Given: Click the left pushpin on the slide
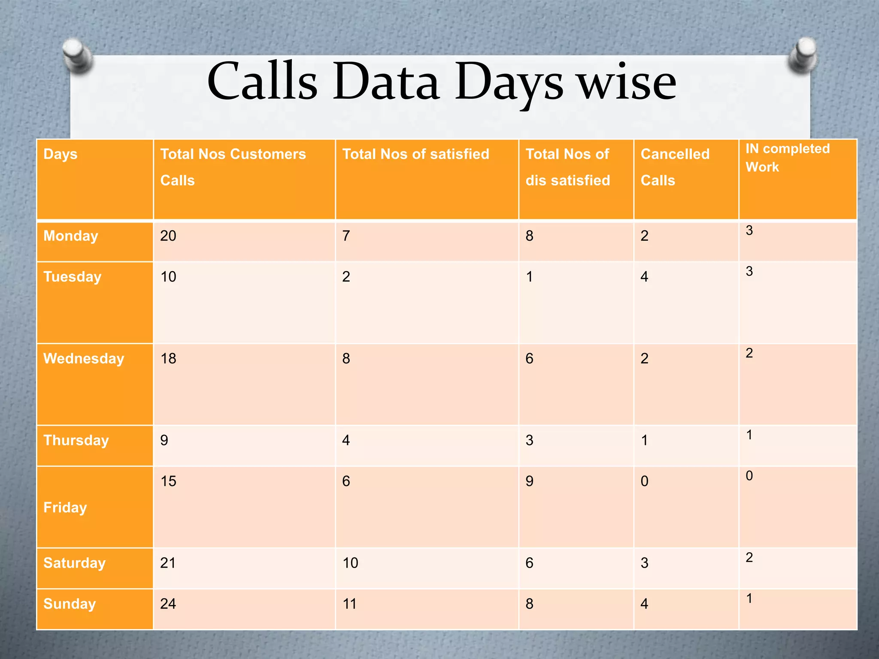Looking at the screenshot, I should pos(77,55).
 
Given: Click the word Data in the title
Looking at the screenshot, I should pos(386,82).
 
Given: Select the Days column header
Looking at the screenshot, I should pos(61,154).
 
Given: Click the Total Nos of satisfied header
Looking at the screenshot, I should pos(415,154).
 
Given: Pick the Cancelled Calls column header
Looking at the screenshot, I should pos(675,167).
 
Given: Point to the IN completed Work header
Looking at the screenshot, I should pos(787,157).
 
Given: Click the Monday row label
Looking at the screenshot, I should pos(71,236).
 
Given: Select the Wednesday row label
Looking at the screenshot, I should pos(84,359).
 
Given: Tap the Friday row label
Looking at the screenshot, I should pos(65,508).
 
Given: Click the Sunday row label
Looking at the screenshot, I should pos(70,604).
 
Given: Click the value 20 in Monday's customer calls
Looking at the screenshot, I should pos(168,236).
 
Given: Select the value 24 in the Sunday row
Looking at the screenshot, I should pos(168,604).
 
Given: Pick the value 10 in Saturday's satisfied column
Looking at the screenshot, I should pos(350,563).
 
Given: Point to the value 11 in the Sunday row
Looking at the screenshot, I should pos(349,604).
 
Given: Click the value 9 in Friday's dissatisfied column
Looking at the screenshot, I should pos(529,481).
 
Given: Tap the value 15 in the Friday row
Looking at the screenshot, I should pos(168,481).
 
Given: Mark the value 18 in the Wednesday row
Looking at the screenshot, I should pos(168,359).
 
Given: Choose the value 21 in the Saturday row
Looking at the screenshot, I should pos(168,563).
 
